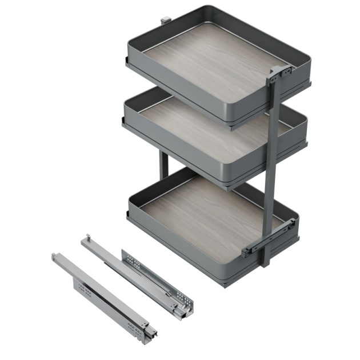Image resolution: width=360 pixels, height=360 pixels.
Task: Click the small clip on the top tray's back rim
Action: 165,19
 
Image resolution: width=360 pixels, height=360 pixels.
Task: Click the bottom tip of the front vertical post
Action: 265,263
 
